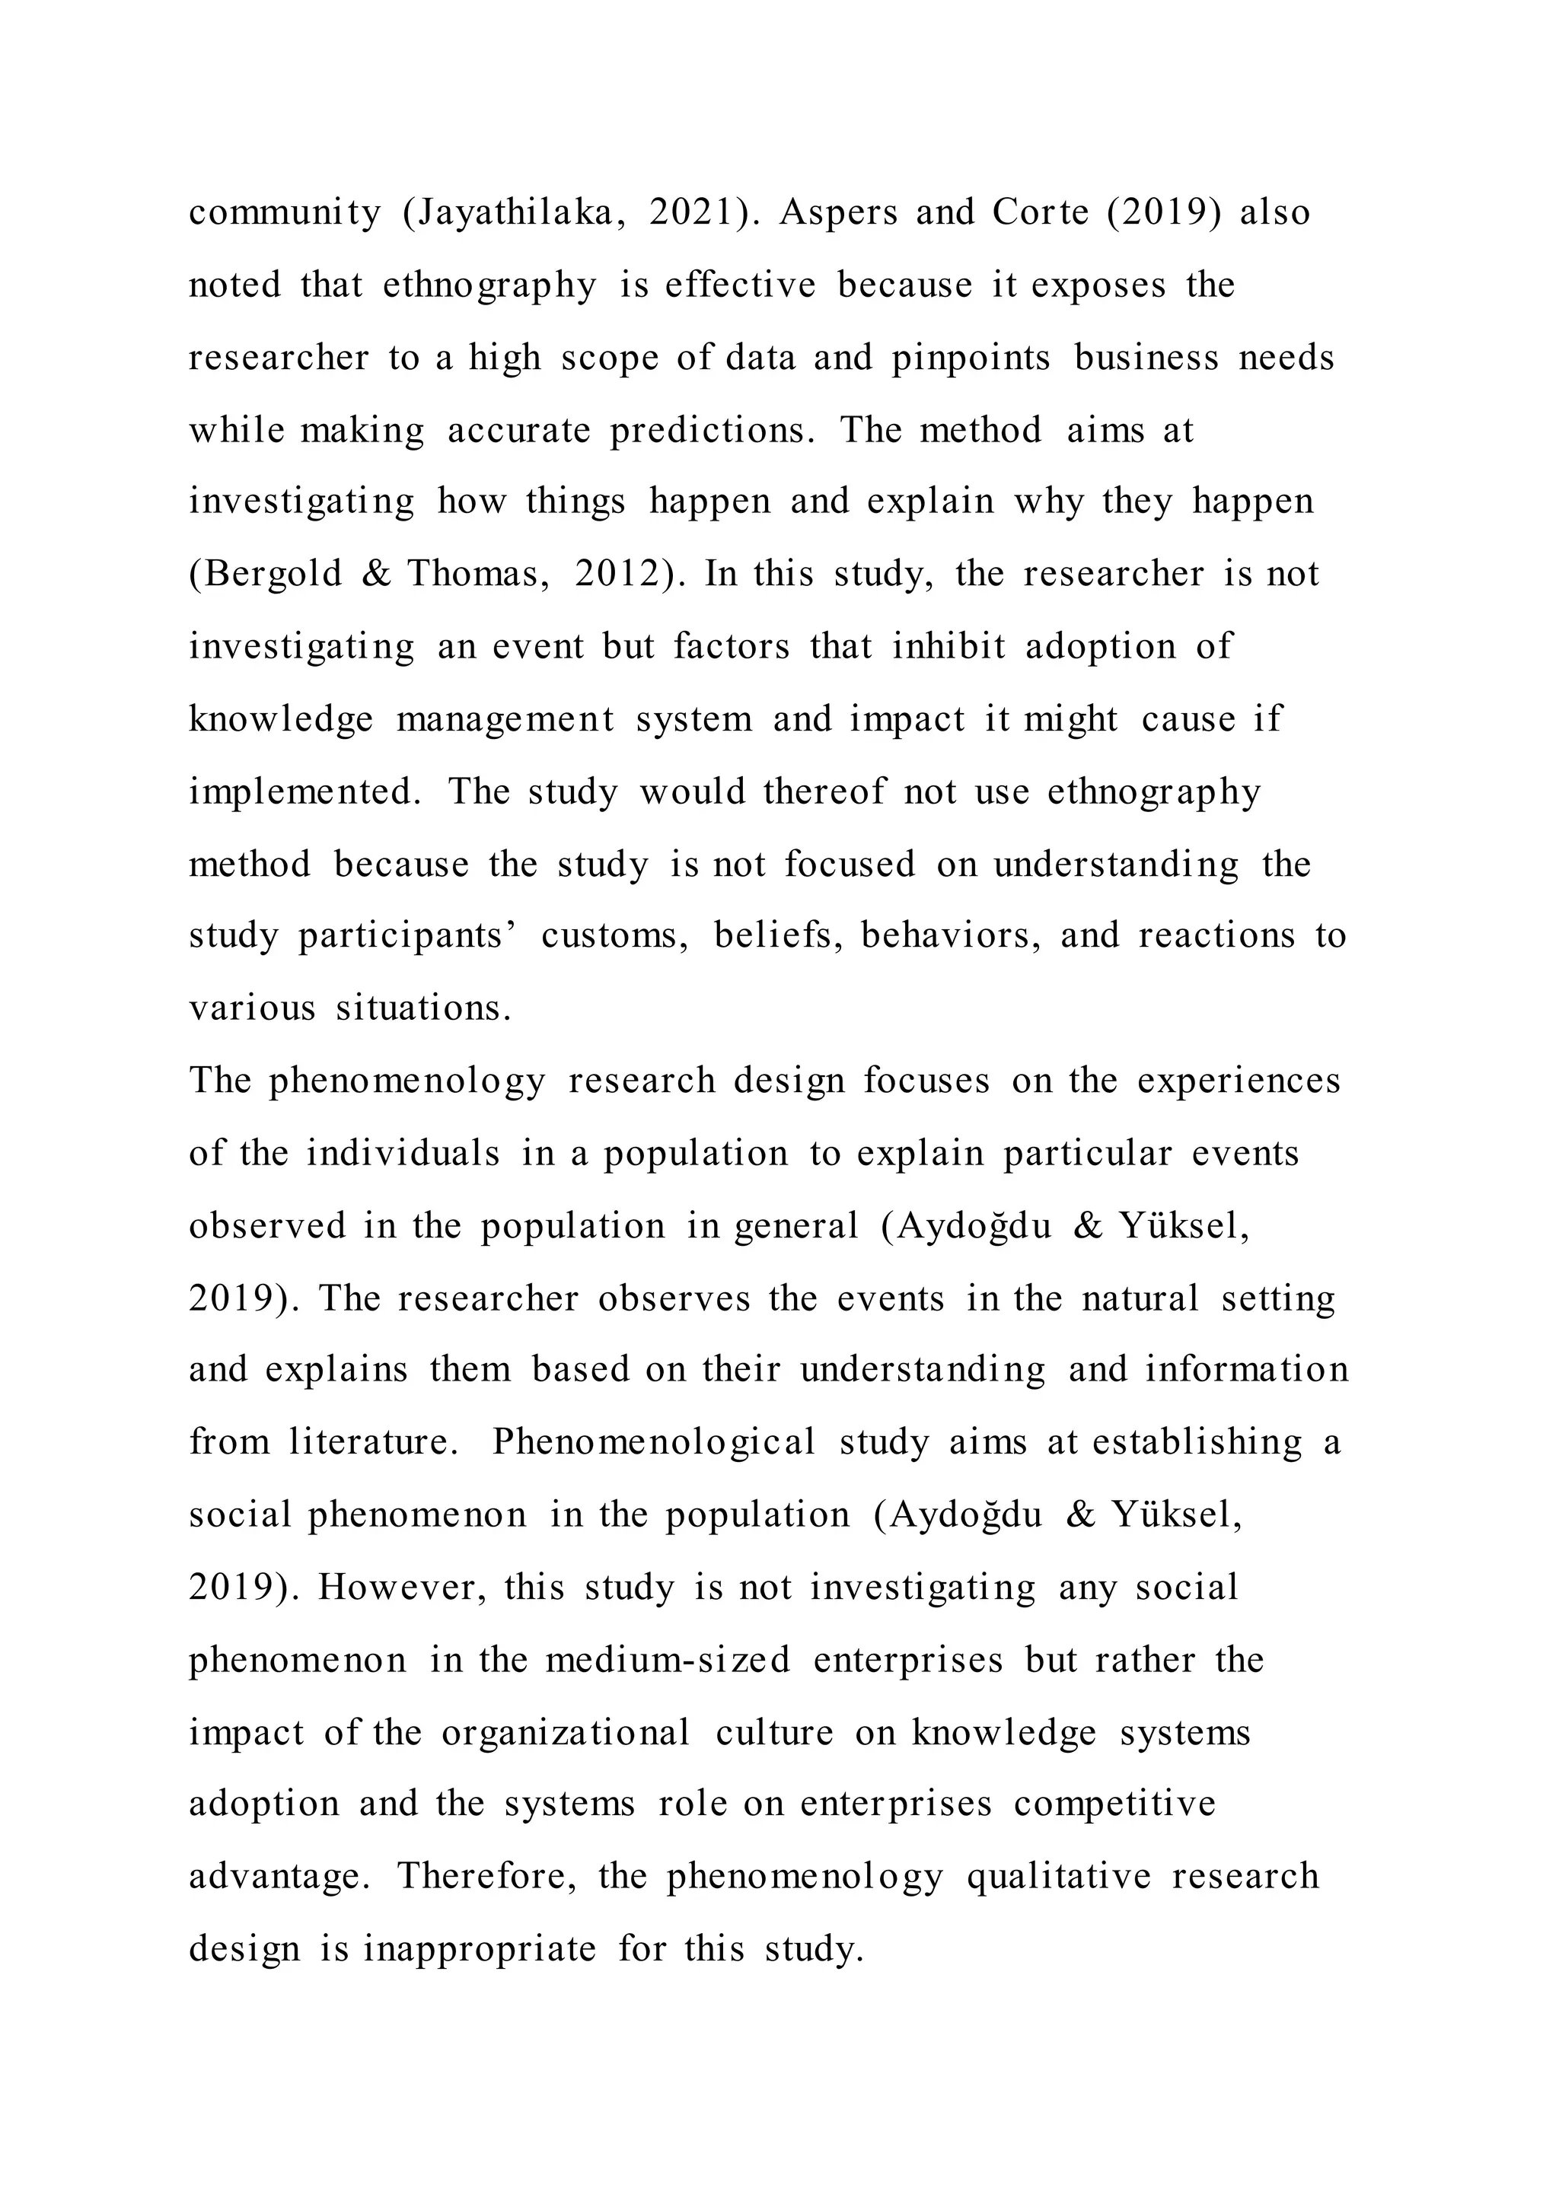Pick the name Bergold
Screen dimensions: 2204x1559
tap(265, 574)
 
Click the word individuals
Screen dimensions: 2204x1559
tap(403, 1153)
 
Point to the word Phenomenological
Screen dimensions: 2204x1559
tap(654, 1443)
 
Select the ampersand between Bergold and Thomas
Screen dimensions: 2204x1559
tap(375, 574)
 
